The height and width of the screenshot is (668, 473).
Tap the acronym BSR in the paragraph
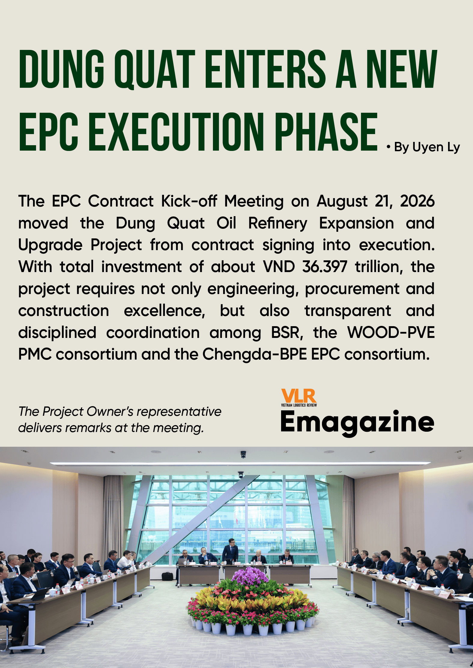[x=287, y=332]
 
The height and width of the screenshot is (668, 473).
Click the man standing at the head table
[x=230, y=550]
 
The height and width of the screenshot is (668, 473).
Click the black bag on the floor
[x=167, y=576]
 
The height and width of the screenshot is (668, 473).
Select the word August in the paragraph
[x=342, y=201]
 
